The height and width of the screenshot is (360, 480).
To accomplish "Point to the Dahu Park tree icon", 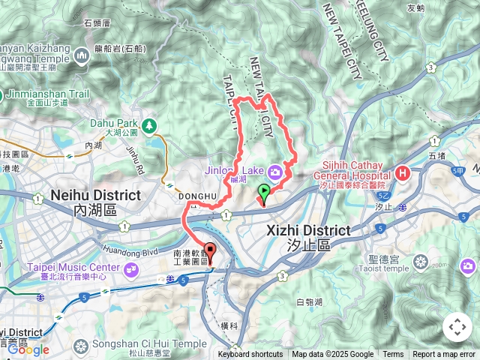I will coord(150,124).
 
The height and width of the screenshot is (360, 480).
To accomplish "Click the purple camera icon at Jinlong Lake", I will coord(276,170).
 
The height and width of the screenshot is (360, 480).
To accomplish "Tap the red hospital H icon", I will coord(404,173).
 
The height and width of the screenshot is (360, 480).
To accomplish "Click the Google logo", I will coord(28,349).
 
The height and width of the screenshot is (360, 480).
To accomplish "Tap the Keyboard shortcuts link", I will coord(250,355).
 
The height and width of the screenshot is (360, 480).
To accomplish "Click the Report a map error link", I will coord(445,355).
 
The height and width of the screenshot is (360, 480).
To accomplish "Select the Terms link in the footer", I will coord(393,355).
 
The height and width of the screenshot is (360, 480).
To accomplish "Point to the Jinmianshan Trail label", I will coord(46,94).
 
